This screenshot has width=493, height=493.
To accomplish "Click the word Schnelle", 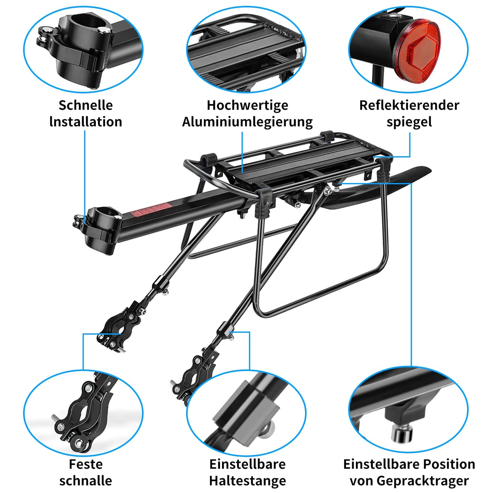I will tap(86, 105).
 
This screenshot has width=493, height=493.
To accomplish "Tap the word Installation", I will tap(86, 122).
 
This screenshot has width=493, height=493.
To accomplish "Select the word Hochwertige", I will tap(247, 105).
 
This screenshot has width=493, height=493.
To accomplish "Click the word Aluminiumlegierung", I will tap(247, 122).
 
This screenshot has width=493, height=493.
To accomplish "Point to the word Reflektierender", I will tap(409, 105).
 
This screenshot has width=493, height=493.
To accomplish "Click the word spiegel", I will tap(409, 122).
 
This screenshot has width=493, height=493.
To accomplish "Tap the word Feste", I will tap(86, 464).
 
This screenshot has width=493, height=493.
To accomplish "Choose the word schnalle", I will tap(86, 480).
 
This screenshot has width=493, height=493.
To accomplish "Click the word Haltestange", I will tap(247, 480).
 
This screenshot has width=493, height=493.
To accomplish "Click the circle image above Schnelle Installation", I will tap(83, 49).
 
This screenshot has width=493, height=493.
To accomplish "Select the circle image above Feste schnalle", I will tap(83, 413).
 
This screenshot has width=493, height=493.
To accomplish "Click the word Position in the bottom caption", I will tap(450, 464).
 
